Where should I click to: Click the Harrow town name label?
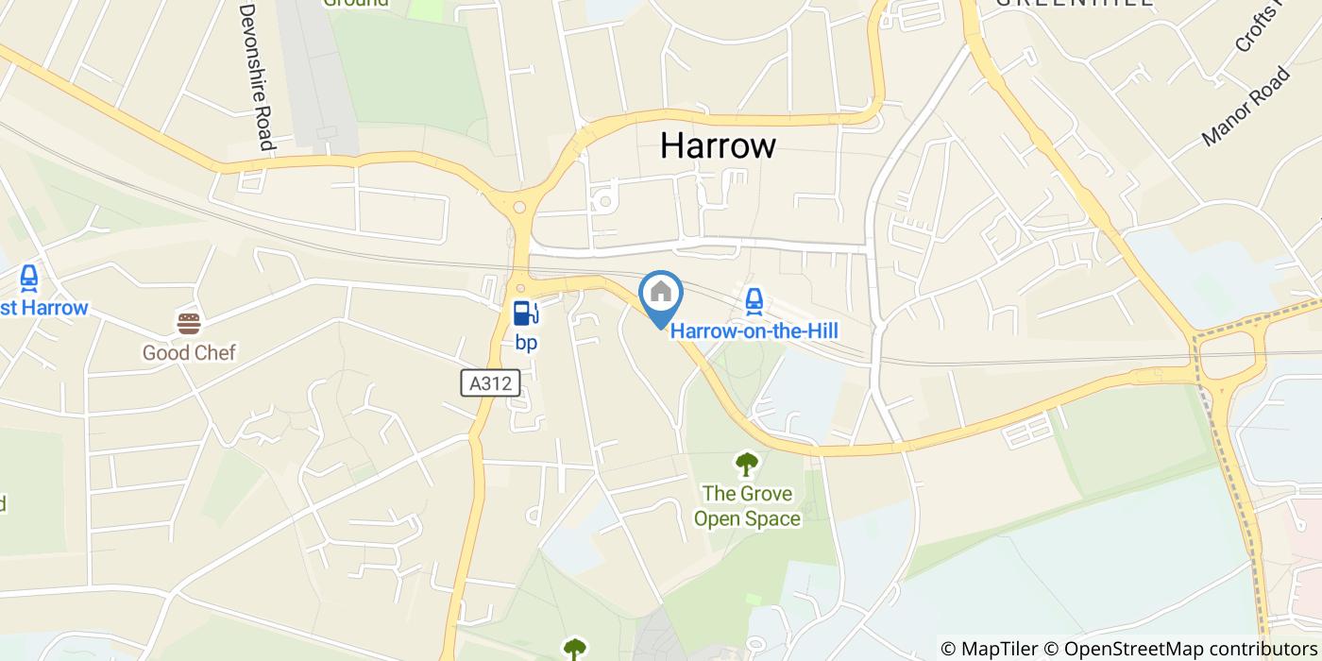click(718, 145)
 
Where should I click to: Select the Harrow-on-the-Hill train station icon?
click(753, 301)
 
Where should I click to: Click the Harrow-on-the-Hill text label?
click(754, 330)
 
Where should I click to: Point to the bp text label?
click(526, 342)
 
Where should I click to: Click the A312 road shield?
click(491, 383)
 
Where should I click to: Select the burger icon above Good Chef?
click(189, 324)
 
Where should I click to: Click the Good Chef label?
click(189, 352)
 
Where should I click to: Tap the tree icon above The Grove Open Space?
click(747, 464)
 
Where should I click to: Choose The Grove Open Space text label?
click(747, 505)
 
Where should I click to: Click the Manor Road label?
click(1246, 107)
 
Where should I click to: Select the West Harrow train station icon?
click(29, 279)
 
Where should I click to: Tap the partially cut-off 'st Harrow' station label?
click(43, 308)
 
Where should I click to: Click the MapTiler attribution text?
click(1000, 649)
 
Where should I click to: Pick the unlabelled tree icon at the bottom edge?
click(574, 649)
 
